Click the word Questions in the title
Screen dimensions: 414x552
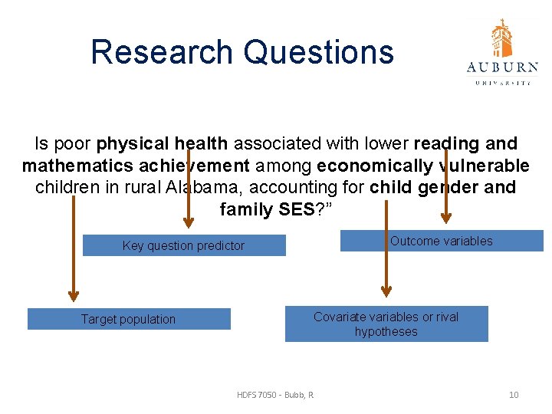318,52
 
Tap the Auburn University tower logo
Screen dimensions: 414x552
502,38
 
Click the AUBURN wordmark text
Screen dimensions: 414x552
502,67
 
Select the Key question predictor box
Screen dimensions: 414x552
184,245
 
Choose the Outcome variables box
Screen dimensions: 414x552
442,241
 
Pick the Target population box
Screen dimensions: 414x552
129,319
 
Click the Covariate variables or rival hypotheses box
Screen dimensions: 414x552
386,324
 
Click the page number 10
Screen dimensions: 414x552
514,395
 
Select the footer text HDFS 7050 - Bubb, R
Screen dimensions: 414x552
275,395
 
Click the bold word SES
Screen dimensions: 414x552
292,209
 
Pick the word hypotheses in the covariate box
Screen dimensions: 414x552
386,332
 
